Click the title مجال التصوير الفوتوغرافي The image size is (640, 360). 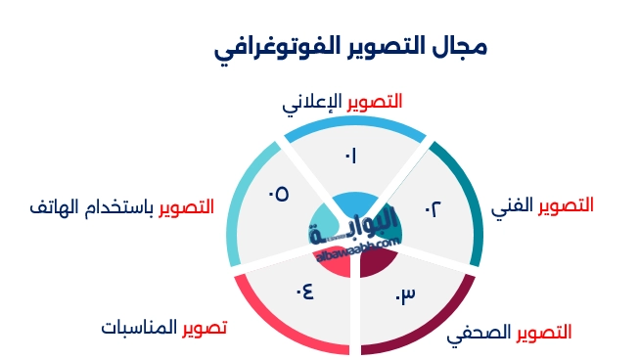coord(350,47)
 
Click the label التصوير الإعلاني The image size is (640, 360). coord(342,102)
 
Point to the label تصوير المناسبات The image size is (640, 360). coord(163,327)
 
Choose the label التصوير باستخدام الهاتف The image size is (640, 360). coord(122,207)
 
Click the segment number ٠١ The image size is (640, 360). coord(350,155)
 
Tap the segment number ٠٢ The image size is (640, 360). coord(433,208)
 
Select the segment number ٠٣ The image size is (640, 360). coord(405,294)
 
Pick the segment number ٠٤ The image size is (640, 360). coord(303,290)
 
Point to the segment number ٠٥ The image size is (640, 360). coord(278,194)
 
